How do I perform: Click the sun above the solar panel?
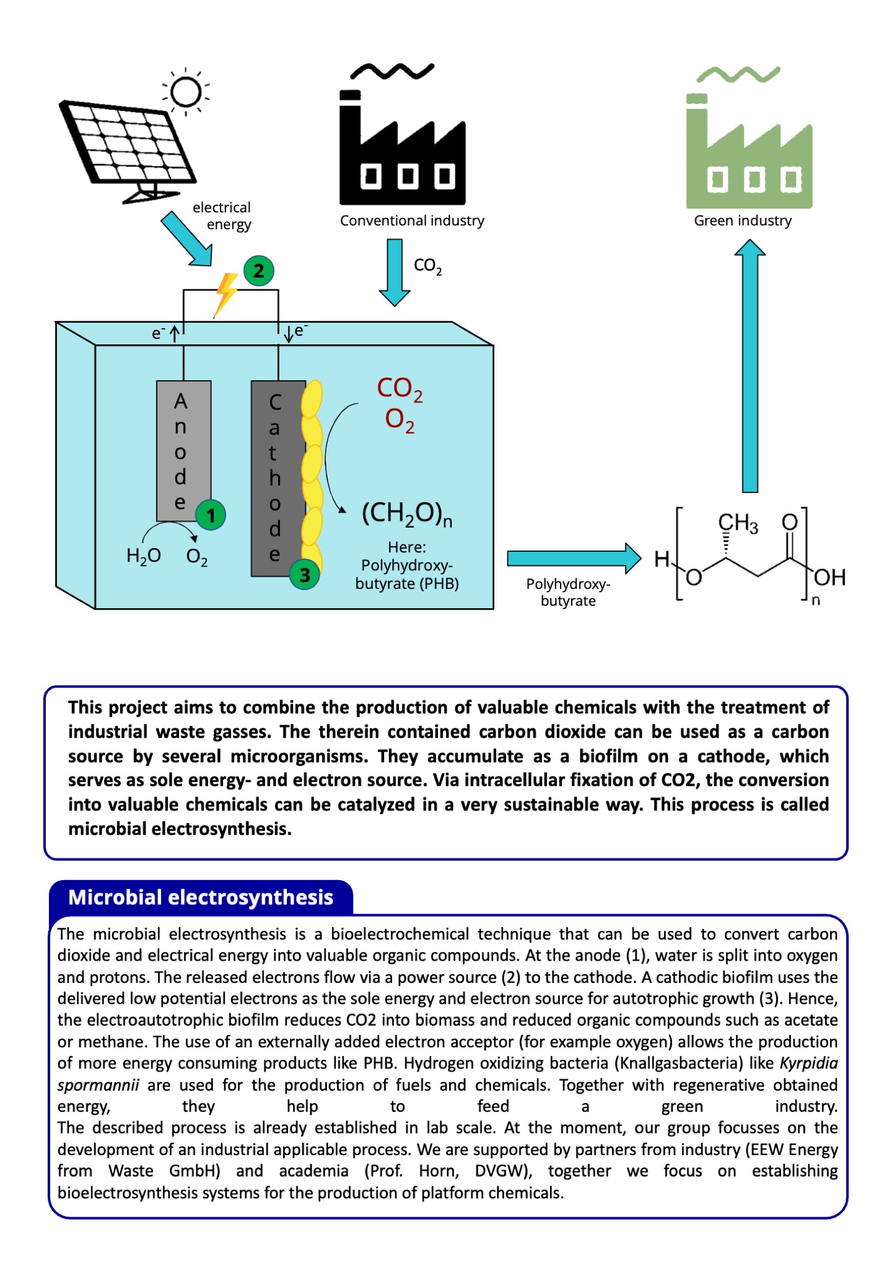click(x=185, y=92)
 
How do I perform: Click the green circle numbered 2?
click(x=258, y=271)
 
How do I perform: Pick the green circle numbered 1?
click(x=211, y=515)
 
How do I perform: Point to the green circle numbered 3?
click(x=305, y=575)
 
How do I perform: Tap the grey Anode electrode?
click(x=183, y=450)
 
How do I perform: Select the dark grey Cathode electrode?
click(x=278, y=478)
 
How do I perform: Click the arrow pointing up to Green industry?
click(x=750, y=366)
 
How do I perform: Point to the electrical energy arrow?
click(x=187, y=239)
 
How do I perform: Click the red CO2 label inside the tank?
click(x=400, y=390)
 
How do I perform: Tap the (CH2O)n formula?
click(x=407, y=514)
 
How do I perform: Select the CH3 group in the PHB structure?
click(x=738, y=523)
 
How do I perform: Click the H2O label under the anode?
click(x=144, y=556)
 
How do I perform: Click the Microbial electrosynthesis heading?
click(x=201, y=897)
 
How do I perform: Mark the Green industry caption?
click(x=743, y=220)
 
